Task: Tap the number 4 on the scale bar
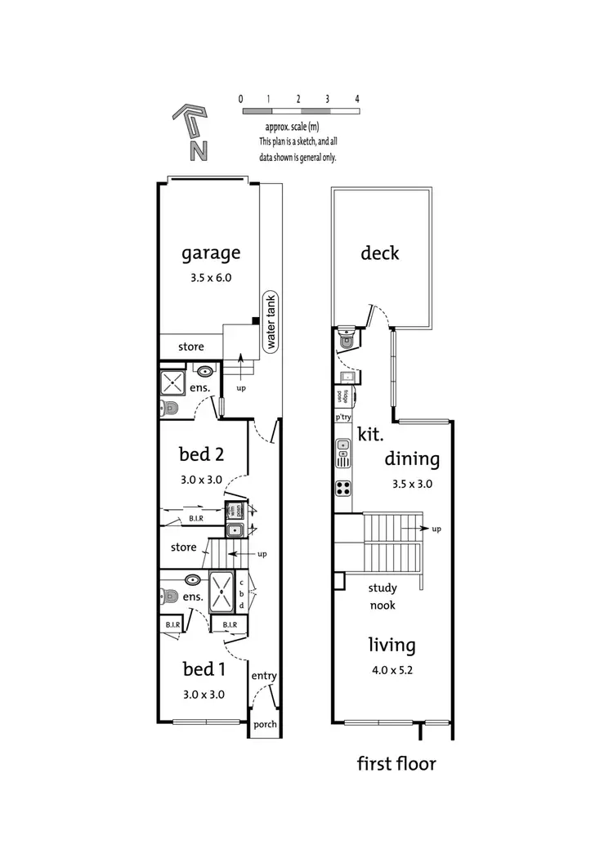[x=357, y=99]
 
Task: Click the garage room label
[x=211, y=253]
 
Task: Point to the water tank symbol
[x=271, y=322]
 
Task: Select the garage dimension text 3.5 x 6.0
[x=211, y=277]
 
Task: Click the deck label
[x=380, y=253]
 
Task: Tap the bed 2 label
[x=202, y=454]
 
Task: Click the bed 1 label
[x=204, y=669]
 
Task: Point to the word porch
[x=265, y=724]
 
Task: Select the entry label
[x=264, y=676]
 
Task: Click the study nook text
[x=382, y=597]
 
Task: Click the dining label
[x=412, y=459]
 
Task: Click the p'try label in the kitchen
[x=343, y=418]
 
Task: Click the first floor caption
[x=396, y=764]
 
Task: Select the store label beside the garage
[x=191, y=346]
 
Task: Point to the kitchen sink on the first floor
[x=344, y=451]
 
